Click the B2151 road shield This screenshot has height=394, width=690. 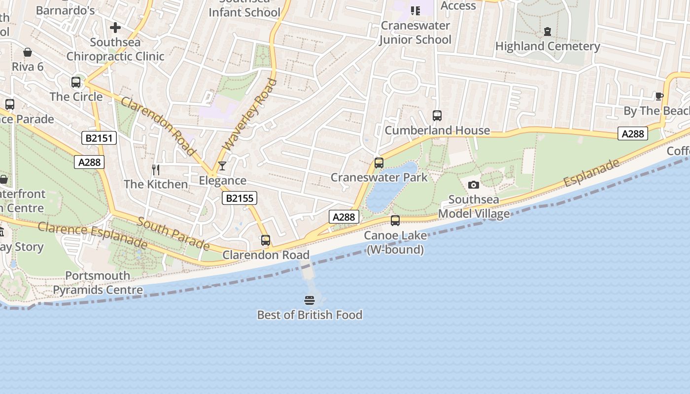tap(99, 138)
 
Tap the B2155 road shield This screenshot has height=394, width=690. tap(240, 198)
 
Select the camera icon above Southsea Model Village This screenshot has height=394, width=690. tap(474, 185)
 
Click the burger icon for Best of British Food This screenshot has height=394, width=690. tap(310, 300)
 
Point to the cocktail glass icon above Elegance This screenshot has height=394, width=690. tap(222, 166)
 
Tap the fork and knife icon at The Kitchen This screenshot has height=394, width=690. tap(156, 170)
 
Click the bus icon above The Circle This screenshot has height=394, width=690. tap(76, 82)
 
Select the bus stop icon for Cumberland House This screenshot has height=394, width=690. tap(437, 116)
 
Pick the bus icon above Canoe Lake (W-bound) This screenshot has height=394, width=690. tap(395, 221)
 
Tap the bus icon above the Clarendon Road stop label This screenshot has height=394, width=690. tap(266, 240)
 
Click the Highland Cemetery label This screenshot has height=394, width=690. tap(548, 46)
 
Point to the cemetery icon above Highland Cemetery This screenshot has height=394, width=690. tap(548, 32)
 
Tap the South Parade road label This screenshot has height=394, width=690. tap(173, 233)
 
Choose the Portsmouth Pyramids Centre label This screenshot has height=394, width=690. tap(98, 283)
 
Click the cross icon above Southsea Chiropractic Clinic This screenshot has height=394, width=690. tap(115, 28)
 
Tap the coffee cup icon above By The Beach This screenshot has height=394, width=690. tap(659, 96)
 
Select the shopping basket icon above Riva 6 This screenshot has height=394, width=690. tap(28, 52)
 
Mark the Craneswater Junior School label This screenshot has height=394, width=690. tap(415, 33)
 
